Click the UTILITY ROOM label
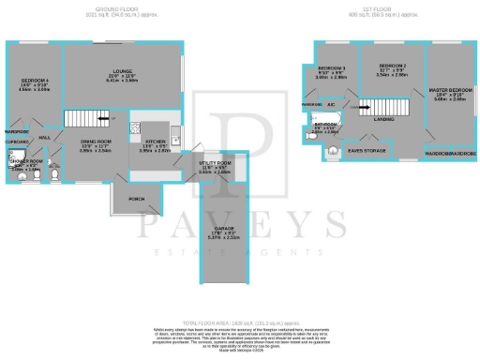(x=216, y=163)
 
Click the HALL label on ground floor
(x=43, y=137)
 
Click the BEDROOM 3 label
(x=331, y=69)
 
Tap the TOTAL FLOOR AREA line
(x=239, y=321)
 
